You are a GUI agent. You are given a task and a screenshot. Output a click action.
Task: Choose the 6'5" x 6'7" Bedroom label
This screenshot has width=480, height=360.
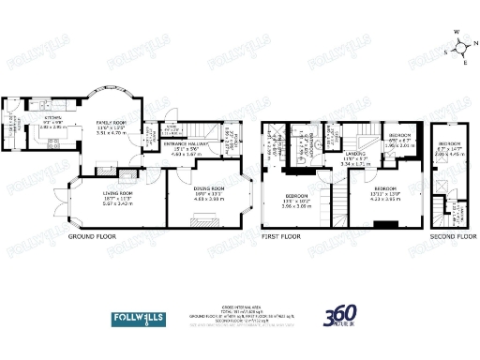point(400,142)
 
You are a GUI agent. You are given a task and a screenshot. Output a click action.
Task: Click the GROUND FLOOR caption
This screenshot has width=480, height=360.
point(92,238)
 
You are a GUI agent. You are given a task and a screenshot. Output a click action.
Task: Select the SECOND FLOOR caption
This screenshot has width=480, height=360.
point(447,238)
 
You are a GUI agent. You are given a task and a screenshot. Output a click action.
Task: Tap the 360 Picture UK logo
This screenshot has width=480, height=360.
point(342,319)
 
